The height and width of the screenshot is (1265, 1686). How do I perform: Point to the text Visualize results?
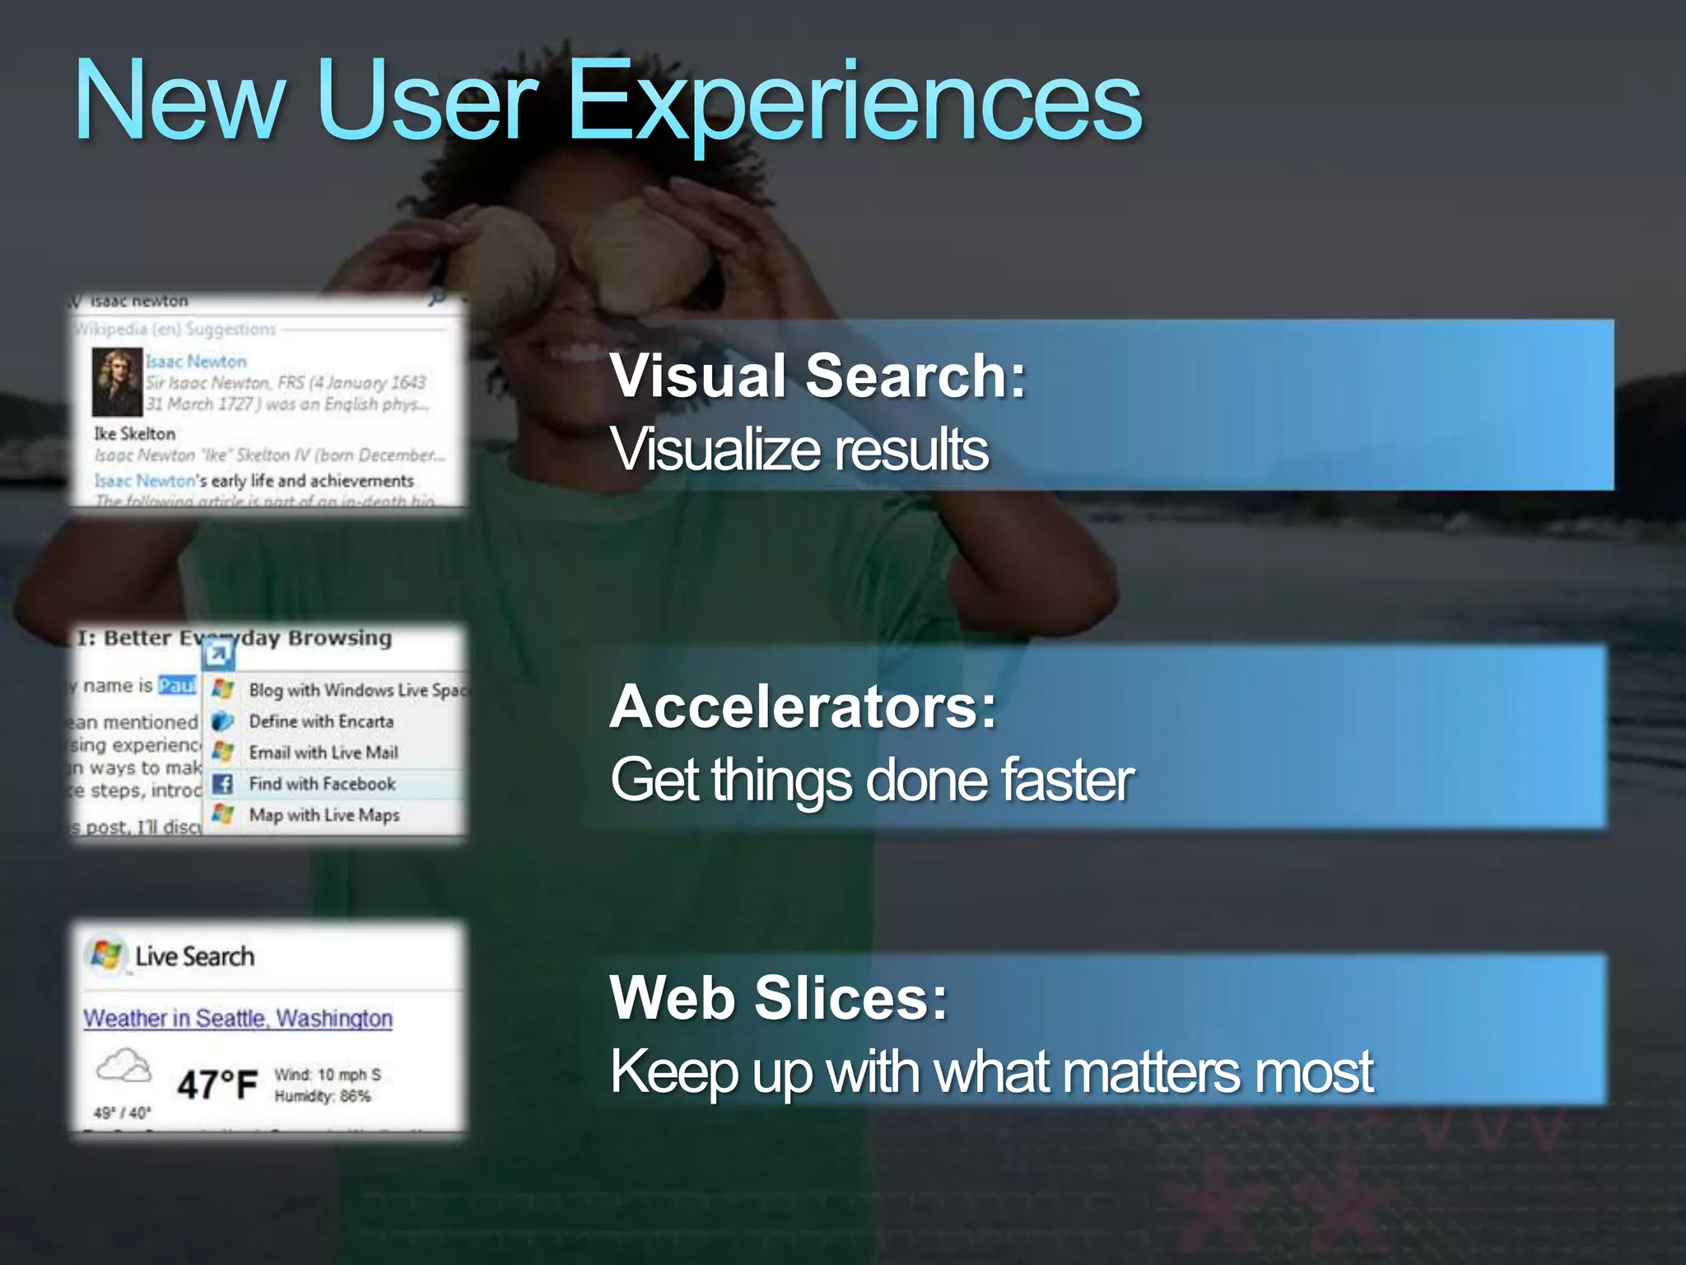click(x=799, y=450)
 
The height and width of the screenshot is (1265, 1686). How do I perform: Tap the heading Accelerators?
click(x=803, y=707)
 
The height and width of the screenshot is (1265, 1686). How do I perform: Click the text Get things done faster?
click(x=872, y=780)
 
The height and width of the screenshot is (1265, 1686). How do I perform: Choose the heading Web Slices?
click(x=779, y=997)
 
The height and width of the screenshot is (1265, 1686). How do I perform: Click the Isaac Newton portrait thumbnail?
click(x=116, y=381)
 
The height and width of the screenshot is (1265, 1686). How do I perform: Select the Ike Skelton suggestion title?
click(x=134, y=433)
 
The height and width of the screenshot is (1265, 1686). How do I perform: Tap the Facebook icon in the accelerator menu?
click(x=222, y=783)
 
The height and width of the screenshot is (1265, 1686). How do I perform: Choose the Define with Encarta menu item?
click(x=321, y=721)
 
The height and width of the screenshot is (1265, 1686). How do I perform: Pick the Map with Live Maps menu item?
click(x=324, y=815)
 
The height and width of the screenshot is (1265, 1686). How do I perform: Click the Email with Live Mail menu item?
click(x=324, y=752)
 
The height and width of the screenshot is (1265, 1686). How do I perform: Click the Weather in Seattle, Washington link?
click(x=238, y=1018)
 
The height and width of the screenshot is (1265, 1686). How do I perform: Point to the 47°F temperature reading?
click(x=217, y=1085)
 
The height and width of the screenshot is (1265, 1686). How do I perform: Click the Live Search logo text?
click(x=194, y=956)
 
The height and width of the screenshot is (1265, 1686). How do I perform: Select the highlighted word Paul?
click(x=177, y=685)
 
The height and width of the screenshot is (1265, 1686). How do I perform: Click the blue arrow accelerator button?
click(x=219, y=655)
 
